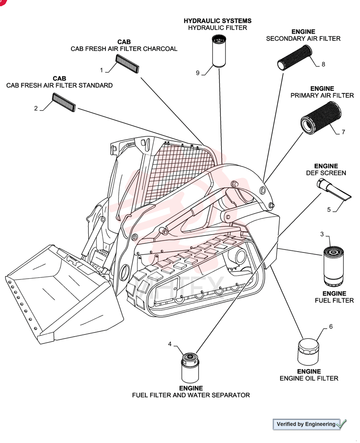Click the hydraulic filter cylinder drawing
tap(219, 51)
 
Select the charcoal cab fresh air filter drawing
tap(127, 63)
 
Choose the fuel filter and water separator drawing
tap(190, 368)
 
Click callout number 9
tap(198, 73)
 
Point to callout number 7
tap(343, 132)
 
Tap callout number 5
tap(329, 210)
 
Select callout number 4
tap(170, 344)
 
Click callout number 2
tap(36, 108)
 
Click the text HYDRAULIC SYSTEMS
tap(218, 21)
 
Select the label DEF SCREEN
tap(326, 173)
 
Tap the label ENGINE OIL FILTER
tap(309, 378)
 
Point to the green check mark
tap(341, 424)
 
